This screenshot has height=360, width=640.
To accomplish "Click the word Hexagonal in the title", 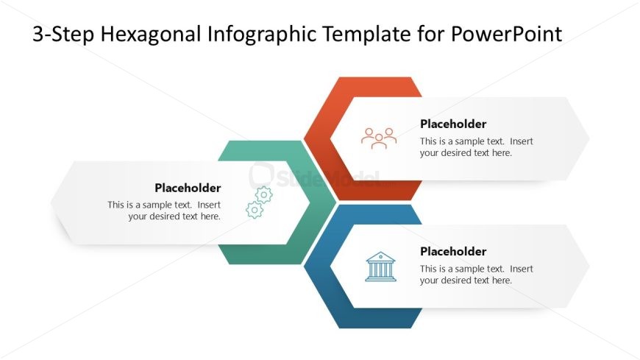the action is click(x=152, y=35).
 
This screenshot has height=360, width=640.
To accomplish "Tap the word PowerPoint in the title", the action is click(x=506, y=34).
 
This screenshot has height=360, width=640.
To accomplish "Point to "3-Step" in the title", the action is click(x=64, y=35).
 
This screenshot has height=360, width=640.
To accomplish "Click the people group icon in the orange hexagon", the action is click(x=379, y=138).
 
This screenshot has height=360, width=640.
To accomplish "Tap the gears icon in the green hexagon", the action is click(x=259, y=202).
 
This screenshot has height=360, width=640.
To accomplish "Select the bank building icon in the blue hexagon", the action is click(x=380, y=267).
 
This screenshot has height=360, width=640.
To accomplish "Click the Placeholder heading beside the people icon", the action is click(x=453, y=124).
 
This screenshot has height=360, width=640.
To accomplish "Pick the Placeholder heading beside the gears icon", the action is click(x=188, y=188).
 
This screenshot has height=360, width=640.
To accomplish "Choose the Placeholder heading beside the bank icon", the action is click(x=453, y=251).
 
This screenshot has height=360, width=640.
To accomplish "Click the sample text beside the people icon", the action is click(x=477, y=147).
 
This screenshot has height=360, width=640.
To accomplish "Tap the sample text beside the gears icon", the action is click(x=164, y=211).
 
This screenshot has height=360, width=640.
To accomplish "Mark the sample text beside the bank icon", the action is click(x=477, y=275).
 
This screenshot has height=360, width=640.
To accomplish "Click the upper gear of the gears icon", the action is click(x=263, y=195).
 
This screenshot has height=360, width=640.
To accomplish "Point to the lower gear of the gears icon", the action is click(x=255, y=210).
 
